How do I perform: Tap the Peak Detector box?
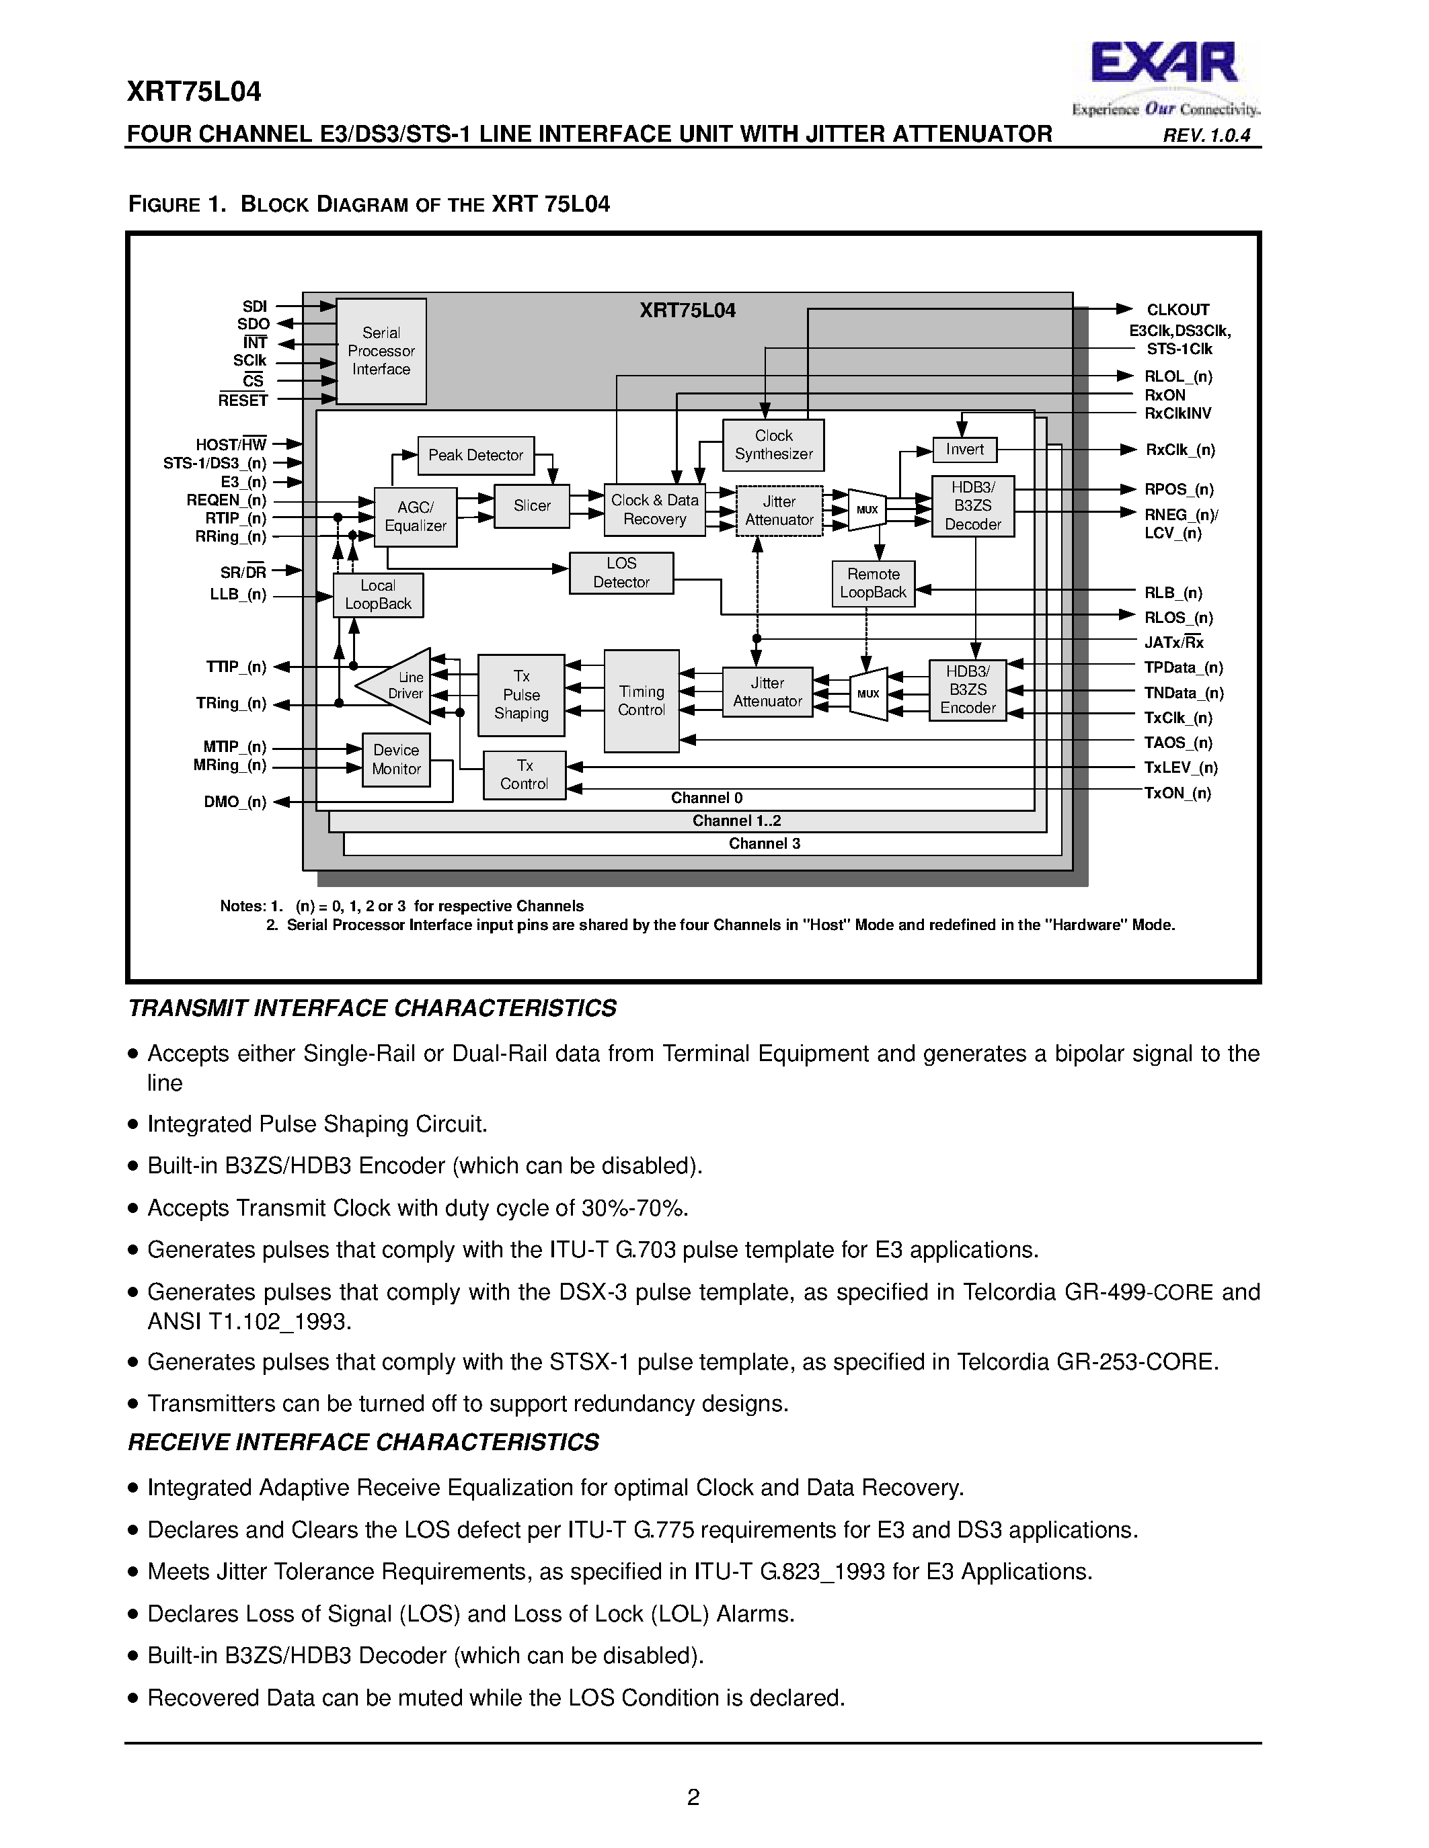[x=475, y=455]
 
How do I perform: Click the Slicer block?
[x=532, y=506]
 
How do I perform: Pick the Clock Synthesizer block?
[x=773, y=445]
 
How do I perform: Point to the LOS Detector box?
[x=621, y=573]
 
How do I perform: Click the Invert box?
[x=964, y=450]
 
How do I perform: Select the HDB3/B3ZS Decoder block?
[x=972, y=506]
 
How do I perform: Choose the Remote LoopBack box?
[x=873, y=583]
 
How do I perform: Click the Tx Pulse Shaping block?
[x=520, y=695]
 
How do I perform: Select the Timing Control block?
[x=641, y=701]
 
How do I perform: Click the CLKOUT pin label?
[x=1177, y=310]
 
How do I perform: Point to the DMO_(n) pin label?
[x=235, y=802]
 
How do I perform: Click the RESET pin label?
[x=242, y=401]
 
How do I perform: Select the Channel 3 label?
[x=764, y=843]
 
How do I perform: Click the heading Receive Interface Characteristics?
[x=363, y=1443]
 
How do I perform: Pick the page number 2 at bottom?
[x=693, y=1797]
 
